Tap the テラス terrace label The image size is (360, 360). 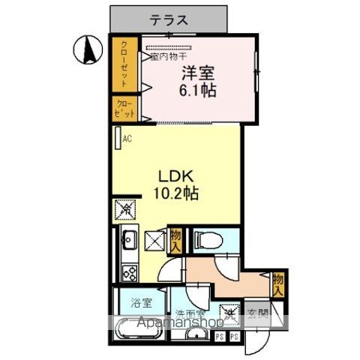pyautogui.click(x=168, y=21)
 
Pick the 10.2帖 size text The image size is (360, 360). pyautogui.click(x=177, y=193)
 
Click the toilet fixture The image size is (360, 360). pyautogui.click(x=205, y=240)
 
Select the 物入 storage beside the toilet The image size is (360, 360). pyautogui.click(x=176, y=240)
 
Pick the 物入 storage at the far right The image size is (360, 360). pyautogui.click(x=278, y=283)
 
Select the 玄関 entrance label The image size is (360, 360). pyautogui.click(x=257, y=315)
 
